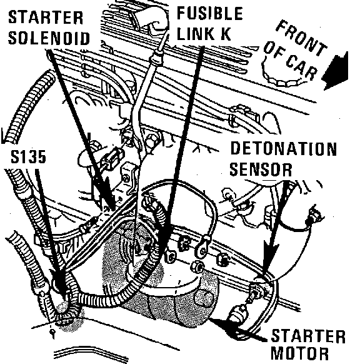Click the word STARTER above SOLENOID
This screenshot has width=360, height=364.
coord(46,18)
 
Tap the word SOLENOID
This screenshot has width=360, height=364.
coord(49,38)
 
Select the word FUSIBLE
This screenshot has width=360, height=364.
coord(210,13)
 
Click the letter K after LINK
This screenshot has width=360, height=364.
coord(224,34)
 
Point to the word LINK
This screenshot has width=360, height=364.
coord(194,34)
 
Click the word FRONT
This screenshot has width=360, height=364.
coord(301,38)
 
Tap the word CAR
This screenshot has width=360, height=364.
coord(301,67)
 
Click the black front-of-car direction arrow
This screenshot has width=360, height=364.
coord(336,71)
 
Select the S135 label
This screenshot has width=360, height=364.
coord(28,156)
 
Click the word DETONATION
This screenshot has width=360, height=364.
coord(283,149)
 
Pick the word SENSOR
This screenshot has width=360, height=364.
coord(261,169)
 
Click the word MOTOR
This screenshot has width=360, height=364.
coord(299,354)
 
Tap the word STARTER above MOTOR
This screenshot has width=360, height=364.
coord(308,336)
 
